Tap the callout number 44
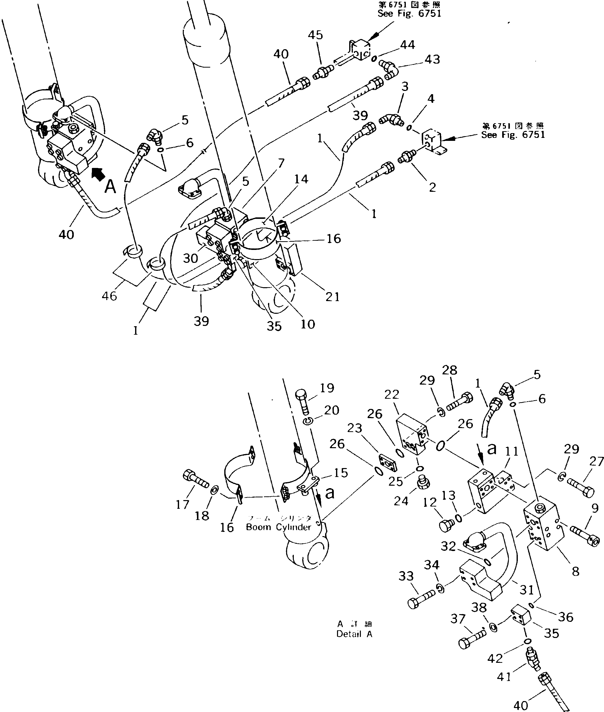[x=408, y=45]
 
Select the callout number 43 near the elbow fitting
[x=432, y=60]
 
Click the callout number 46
[x=110, y=296]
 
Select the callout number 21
[x=332, y=297]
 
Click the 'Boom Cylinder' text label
[x=278, y=527]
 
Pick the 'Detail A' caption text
[x=354, y=634]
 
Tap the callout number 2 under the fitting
[x=432, y=187]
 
